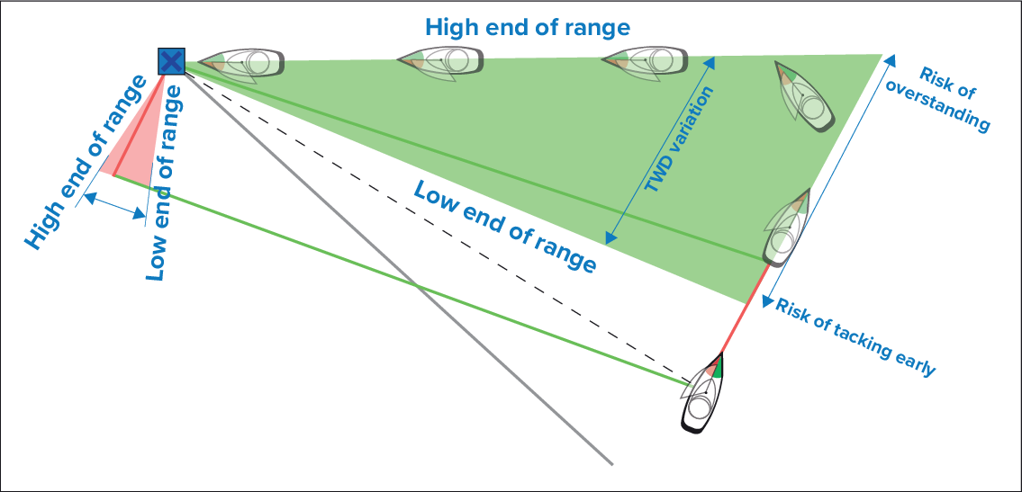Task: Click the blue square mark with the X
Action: coord(171,61)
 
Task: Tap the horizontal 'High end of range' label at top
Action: coord(528,27)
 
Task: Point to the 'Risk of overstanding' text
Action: coord(941,99)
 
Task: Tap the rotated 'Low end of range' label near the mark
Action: coord(168,180)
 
